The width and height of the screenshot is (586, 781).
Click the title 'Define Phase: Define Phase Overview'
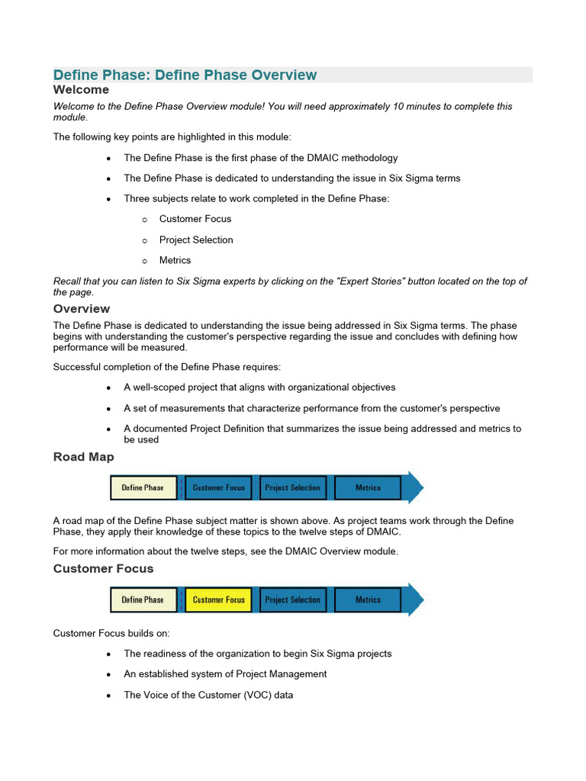185,75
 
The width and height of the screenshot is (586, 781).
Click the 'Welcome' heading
81,90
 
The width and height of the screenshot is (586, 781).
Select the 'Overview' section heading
81,309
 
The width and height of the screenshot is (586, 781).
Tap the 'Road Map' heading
83,457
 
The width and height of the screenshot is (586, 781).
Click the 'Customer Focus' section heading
103,569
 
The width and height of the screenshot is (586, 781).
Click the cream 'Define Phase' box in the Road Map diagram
143,488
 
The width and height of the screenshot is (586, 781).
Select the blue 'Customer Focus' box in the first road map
218,488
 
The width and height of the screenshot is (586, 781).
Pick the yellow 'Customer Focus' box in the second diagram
218,600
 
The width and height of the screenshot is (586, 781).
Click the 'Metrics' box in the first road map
368,488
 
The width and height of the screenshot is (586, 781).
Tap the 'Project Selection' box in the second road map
292,600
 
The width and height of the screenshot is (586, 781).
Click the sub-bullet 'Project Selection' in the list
196,240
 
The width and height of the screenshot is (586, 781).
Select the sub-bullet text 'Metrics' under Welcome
175,261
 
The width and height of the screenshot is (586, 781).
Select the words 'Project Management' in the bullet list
282,674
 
